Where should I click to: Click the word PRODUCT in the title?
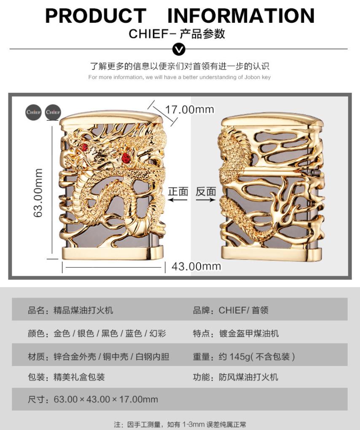click(x=95, y=16)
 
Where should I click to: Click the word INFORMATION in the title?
click(x=241, y=16)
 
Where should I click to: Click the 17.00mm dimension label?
click(x=189, y=110)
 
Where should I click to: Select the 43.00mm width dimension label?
click(x=196, y=266)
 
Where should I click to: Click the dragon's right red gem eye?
click(x=125, y=158)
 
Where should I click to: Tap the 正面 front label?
click(x=178, y=191)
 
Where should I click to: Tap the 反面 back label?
click(x=206, y=191)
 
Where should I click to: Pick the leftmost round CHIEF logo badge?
click(x=33, y=112)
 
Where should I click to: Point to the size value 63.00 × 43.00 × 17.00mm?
click(x=106, y=399)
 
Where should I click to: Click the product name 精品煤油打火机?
click(x=83, y=311)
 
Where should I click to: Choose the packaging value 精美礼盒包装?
click(x=79, y=377)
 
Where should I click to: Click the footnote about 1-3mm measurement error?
click(x=180, y=424)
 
